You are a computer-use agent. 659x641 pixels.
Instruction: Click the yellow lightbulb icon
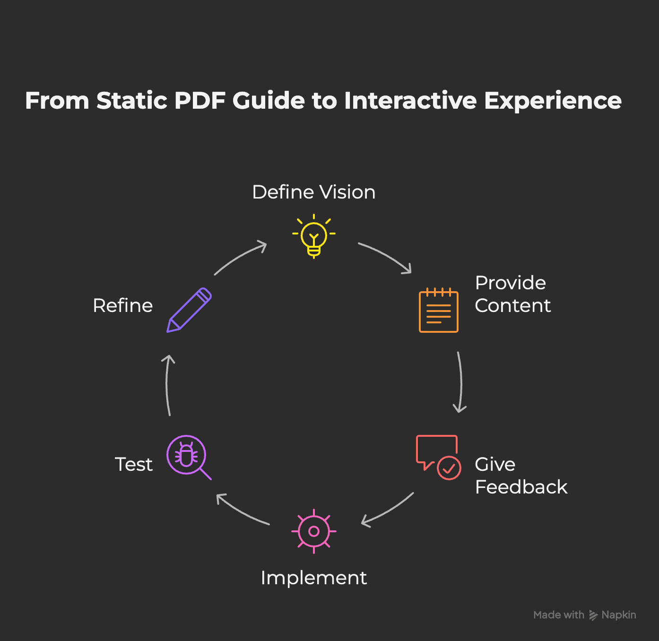pyautogui.click(x=314, y=236)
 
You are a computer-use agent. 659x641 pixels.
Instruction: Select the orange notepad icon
pyautogui.click(x=439, y=310)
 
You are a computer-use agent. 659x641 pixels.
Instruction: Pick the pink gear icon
pyautogui.click(x=314, y=531)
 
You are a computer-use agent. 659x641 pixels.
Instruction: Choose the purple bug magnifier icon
pyautogui.click(x=188, y=457)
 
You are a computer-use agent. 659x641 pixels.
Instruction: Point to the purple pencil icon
pyautogui.click(x=189, y=310)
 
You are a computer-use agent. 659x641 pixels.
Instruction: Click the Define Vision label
pyautogui.click(x=314, y=192)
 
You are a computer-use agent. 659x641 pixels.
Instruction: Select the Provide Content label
pyautogui.click(x=512, y=294)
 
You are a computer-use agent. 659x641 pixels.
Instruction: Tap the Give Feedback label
pyautogui.click(x=520, y=476)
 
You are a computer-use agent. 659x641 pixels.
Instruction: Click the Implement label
pyautogui.click(x=314, y=578)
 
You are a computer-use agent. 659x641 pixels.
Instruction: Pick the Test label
pyautogui.click(x=134, y=464)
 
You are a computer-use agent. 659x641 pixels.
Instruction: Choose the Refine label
pyautogui.click(x=123, y=305)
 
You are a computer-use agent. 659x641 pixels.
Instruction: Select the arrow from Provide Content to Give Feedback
pyautogui.click(x=460, y=382)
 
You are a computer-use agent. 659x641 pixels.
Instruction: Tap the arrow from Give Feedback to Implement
pyautogui.click(x=388, y=510)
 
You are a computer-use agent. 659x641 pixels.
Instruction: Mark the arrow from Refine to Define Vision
pyautogui.click(x=240, y=258)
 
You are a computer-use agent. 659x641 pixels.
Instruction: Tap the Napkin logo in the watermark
pyautogui.click(x=593, y=615)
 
